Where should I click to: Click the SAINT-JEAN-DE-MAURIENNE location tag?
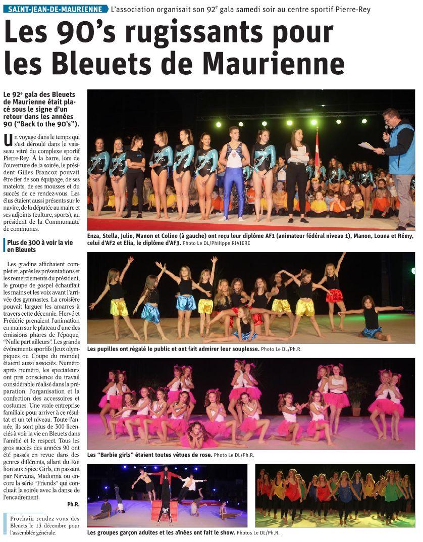pos(56,9)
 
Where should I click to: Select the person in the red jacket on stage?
pos(165,477)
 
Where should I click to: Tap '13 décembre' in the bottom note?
pos(49,526)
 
